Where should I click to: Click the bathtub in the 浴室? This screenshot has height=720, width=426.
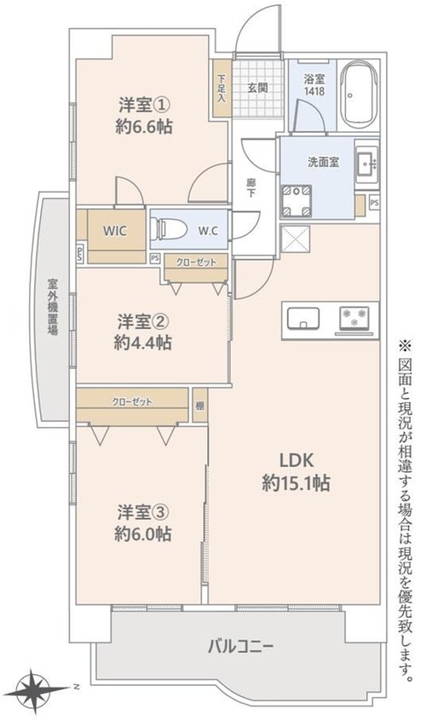tap(360, 95)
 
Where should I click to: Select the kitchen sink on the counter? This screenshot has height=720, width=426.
tap(303, 318)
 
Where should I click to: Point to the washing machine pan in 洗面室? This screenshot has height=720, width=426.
tap(296, 201)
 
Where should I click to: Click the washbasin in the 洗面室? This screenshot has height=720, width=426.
tap(366, 163)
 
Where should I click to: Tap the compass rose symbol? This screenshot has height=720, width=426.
tap(33, 690)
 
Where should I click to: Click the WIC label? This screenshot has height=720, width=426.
tap(115, 231)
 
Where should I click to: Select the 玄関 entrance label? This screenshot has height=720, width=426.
tap(257, 88)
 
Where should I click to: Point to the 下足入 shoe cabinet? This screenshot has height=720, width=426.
tap(222, 88)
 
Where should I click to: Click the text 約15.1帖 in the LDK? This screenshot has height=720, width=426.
tap(296, 483)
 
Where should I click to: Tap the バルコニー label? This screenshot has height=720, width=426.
tap(240, 647)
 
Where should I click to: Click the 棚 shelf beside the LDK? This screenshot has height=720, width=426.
tap(199, 406)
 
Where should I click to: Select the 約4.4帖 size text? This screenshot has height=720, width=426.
tap(143, 343)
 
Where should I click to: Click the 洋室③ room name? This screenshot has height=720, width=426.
tap(144, 512)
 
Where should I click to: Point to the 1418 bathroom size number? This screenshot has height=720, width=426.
tap(314, 91)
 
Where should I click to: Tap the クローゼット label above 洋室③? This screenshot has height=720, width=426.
tap(132, 402)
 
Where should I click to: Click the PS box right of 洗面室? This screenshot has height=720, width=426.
tap(374, 203)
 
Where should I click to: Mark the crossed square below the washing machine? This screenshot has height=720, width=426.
tap(295, 239)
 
